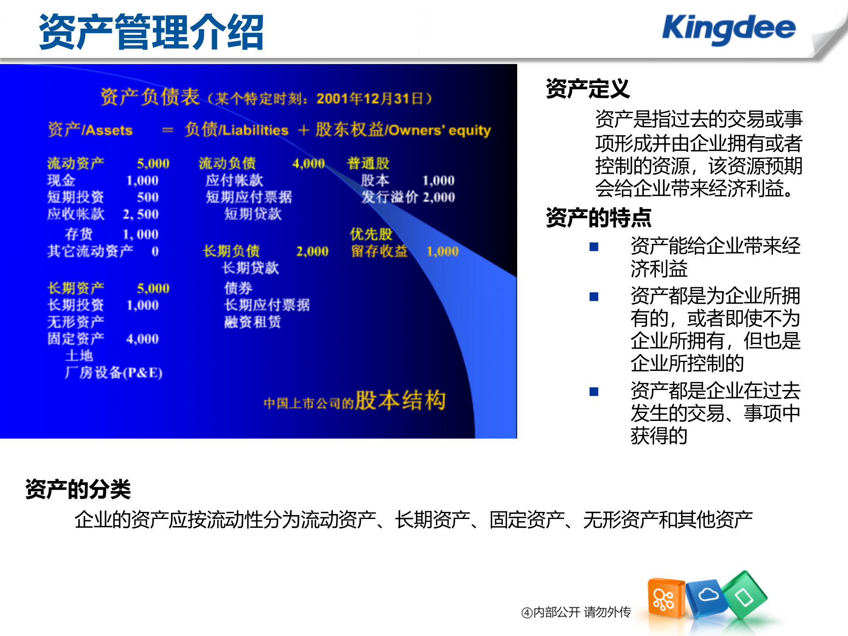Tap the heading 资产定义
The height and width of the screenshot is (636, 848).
587,88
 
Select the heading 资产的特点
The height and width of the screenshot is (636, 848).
598,217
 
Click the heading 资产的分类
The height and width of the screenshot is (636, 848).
78,489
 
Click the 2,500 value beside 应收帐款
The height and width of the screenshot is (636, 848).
140,214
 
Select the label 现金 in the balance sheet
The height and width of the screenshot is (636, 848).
61,180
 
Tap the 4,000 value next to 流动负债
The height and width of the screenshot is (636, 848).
308,163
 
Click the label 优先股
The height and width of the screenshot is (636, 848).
371,234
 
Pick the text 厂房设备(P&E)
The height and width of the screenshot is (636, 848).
114,372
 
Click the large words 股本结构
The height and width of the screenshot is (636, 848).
400,400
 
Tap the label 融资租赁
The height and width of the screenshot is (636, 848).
252,322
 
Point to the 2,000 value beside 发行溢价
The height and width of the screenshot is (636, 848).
439,197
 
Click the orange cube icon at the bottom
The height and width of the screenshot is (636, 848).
665,598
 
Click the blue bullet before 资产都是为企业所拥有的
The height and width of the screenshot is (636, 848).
594,297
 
